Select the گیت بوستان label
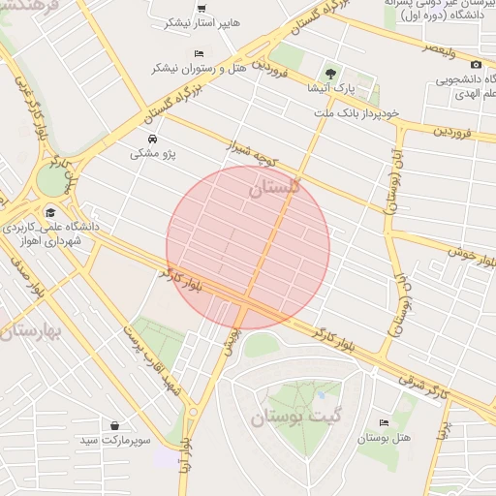point(298,418)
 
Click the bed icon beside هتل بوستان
point(386,422)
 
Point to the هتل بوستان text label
point(385,438)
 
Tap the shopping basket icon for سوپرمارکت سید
point(115,425)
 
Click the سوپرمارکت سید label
point(116,441)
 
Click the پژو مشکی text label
point(148,154)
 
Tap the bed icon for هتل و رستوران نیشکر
point(199,53)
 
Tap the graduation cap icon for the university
point(49,211)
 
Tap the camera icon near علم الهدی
point(475,64)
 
